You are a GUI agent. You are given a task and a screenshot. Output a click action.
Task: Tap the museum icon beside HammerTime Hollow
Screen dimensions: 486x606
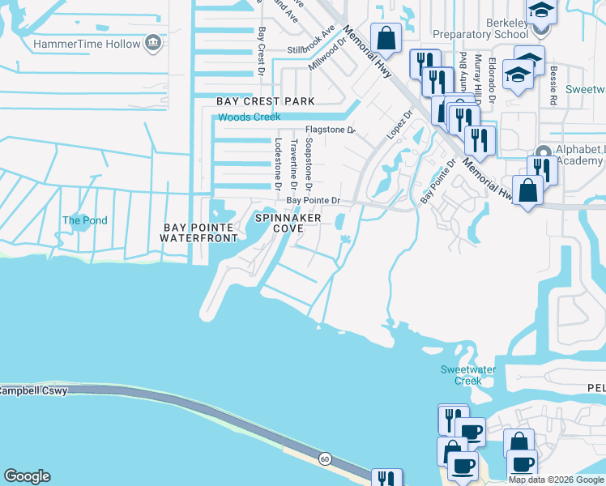[x=152, y=44]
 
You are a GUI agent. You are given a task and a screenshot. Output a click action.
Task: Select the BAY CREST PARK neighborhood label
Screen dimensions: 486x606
[x=265, y=101]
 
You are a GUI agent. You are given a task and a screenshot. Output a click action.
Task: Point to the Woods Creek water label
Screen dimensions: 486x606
[x=249, y=117]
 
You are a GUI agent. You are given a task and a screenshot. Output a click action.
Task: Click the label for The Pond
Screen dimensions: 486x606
[x=85, y=220]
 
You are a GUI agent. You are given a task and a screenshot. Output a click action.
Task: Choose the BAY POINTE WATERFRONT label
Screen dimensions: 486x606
[x=198, y=232]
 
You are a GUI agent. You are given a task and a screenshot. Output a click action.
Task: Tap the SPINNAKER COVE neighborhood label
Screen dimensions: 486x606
[x=288, y=224]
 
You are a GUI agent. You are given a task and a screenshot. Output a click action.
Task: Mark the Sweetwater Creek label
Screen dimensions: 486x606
[x=461, y=375]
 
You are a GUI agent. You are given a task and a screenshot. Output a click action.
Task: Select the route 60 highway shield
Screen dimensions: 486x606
[x=324, y=459]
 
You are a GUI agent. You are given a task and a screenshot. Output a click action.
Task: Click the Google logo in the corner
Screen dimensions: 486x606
[x=27, y=476]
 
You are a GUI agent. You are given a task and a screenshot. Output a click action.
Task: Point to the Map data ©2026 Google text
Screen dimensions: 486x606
[x=556, y=480]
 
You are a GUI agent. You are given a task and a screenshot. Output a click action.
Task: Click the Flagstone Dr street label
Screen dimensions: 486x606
[x=330, y=130]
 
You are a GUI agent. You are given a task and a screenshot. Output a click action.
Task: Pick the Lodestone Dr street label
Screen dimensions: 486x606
[x=277, y=164]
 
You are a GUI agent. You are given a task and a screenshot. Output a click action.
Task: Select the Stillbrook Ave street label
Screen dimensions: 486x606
[x=312, y=41]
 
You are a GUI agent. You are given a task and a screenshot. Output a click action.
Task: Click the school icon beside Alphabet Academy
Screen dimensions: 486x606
[x=544, y=156]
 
